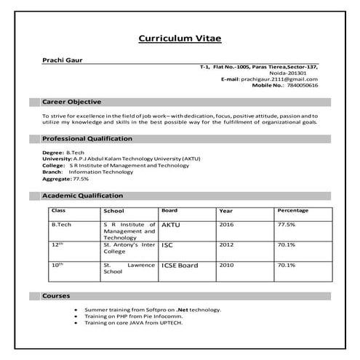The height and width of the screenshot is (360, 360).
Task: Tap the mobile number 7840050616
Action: [x=300, y=85]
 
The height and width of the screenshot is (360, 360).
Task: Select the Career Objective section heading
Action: [x=71, y=102]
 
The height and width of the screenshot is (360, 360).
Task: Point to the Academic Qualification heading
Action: [x=82, y=196]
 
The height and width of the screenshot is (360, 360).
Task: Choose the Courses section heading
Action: [x=56, y=297]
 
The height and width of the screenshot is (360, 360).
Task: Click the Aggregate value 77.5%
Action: [x=80, y=178]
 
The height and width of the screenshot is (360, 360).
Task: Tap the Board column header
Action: [x=169, y=210]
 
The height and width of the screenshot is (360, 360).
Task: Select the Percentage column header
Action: [x=292, y=210]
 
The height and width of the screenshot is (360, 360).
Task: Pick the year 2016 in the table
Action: [x=226, y=225]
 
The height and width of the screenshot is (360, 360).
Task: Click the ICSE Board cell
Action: [x=179, y=265]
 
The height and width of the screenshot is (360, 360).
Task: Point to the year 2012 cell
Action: [x=226, y=246]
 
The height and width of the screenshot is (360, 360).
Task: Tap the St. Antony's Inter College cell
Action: [x=129, y=249]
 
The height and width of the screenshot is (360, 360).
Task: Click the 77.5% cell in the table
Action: [x=286, y=225]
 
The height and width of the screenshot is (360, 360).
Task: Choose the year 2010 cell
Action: [x=226, y=265]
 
